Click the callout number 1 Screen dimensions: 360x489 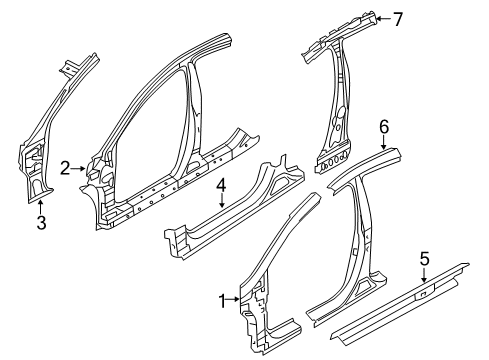click(x=223, y=299)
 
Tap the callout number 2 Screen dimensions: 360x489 click(x=65, y=170)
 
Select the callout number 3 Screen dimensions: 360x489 click(x=41, y=223)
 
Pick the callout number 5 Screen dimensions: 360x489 click(x=424, y=261)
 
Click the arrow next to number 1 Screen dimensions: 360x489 click(x=235, y=299)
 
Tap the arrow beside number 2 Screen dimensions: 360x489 click(x=79, y=170)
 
